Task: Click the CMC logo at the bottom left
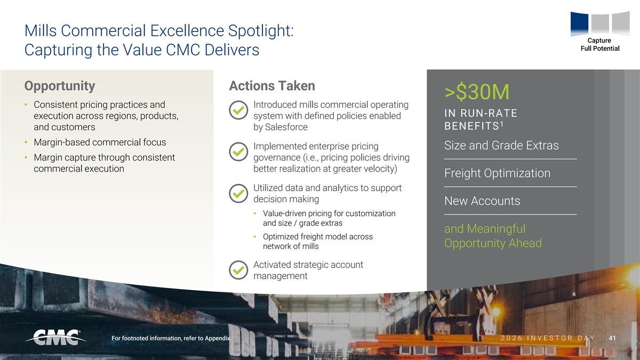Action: [56, 338]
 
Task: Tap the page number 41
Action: [612, 338]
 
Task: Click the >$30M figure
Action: [477, 92]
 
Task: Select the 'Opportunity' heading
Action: [60, 86]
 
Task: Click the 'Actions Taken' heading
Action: [272, 86]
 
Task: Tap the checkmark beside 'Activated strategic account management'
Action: [238, 270]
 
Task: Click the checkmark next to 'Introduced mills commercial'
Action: [238, 110]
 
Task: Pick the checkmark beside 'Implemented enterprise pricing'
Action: [238, 151]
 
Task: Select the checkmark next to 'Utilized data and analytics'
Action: [238, 194]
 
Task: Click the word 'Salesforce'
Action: [286, 127]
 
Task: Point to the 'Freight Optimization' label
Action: [497, 173]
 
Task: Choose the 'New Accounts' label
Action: [482, 201]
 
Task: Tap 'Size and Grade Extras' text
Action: [501, 146]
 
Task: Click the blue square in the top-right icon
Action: [579, 23]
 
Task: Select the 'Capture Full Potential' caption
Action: [599, 45]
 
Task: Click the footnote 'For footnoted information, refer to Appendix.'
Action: [171, 338]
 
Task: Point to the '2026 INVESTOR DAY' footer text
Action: [548, 338]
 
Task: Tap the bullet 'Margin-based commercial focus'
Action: [100, 142]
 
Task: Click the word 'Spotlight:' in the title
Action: [261, 31]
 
